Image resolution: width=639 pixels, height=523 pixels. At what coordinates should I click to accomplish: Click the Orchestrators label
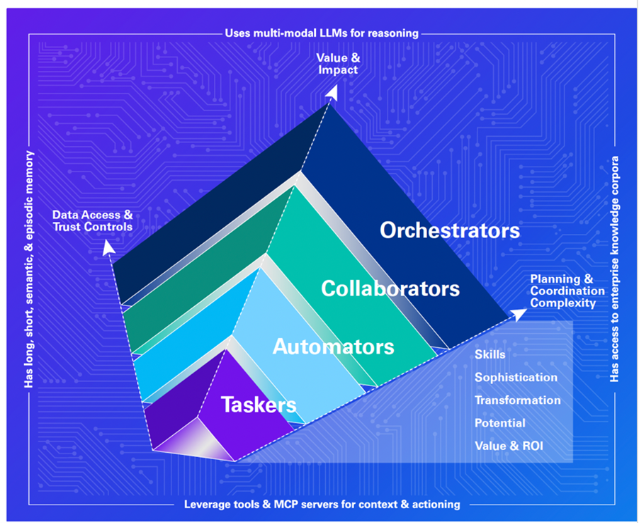tap(449, 230)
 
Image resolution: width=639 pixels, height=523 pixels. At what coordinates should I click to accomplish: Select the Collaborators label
tap(390, 288)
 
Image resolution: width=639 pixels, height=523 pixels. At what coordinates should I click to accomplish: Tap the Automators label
tap(333, 347)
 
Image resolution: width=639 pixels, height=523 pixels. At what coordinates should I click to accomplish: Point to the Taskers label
tap(258, 405)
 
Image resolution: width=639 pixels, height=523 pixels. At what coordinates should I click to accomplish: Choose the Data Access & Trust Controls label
tap(92, 220)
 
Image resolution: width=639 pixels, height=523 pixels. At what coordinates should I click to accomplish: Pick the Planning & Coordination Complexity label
tap(567, 291)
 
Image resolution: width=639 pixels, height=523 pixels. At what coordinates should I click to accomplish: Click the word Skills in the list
tap(490, 354)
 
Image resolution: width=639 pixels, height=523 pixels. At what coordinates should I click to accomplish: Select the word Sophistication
tap(516, 377)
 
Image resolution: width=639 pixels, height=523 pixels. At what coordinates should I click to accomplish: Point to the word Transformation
tap(517, 400)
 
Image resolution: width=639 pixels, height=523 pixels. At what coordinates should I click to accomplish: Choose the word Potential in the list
tap(499, 423)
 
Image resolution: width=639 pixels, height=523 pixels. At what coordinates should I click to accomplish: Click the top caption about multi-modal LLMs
tap(322, 33)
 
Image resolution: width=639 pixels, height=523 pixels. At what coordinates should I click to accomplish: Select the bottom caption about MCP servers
tap(322, 505)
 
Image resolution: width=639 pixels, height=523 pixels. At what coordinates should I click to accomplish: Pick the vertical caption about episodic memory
tap(29, 269)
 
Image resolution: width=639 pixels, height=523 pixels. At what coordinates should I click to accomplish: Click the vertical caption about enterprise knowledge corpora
tap(614, 269)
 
